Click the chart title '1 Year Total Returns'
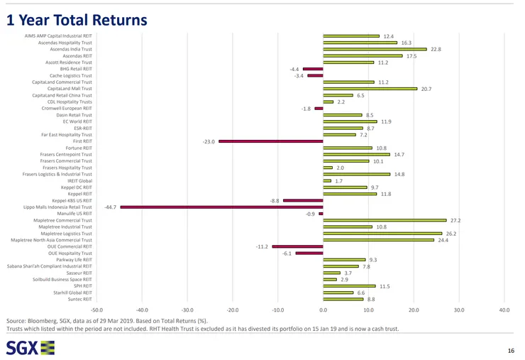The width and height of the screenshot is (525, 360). pos(77,20)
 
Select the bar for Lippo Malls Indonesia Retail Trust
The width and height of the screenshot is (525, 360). pos(221,207)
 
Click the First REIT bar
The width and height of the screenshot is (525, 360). pos(270,141)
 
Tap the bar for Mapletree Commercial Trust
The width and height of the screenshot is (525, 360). pos(385,220)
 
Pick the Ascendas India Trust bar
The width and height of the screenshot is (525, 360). pos(375,49)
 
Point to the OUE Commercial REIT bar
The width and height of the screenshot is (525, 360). pos(297,246)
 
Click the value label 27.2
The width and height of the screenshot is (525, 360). pos(455,220)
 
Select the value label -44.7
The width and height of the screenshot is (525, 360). pos(110,207)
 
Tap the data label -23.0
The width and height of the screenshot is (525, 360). pos(209,141)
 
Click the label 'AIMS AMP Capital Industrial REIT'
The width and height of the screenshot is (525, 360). pos(58,36)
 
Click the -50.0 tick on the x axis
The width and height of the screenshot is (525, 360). pos(96,310)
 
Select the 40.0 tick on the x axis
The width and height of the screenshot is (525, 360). pos(504,310)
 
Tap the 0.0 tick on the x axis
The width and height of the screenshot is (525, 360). pos(323,310)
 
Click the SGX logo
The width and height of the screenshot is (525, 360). pos(30,347)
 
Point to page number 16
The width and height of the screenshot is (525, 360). pos(511,351)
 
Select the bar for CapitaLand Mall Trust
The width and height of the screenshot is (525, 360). pos(370,88)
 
